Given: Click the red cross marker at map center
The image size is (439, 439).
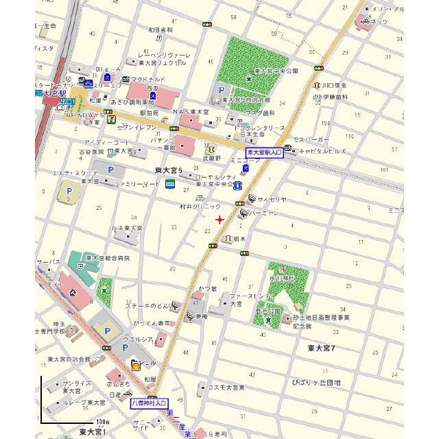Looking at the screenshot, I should pos(219,219).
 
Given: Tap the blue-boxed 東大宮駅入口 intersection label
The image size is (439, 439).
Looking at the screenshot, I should pos(264,152).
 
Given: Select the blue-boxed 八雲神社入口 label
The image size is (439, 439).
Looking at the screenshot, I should pos(149,403).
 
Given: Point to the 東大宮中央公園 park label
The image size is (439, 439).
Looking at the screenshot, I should pos(276,71).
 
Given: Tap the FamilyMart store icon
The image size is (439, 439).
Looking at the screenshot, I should pos(169,183).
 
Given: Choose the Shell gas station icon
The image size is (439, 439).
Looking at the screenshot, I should pos(137,366).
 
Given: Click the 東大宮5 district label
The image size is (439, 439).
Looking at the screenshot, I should pos(168,169).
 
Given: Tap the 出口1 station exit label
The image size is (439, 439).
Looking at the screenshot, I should pos(67,101).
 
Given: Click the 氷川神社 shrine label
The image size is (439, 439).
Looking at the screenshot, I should pos(281,278).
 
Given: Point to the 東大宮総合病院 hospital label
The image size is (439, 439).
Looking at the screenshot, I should pos(108,259).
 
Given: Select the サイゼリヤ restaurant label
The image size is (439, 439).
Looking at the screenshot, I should pos(272,200).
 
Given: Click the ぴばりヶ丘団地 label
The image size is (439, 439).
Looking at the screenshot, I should pos(316,382).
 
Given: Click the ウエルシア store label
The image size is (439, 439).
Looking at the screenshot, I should pos(136,339).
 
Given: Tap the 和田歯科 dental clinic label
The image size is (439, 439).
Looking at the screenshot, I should pos(161,30).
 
